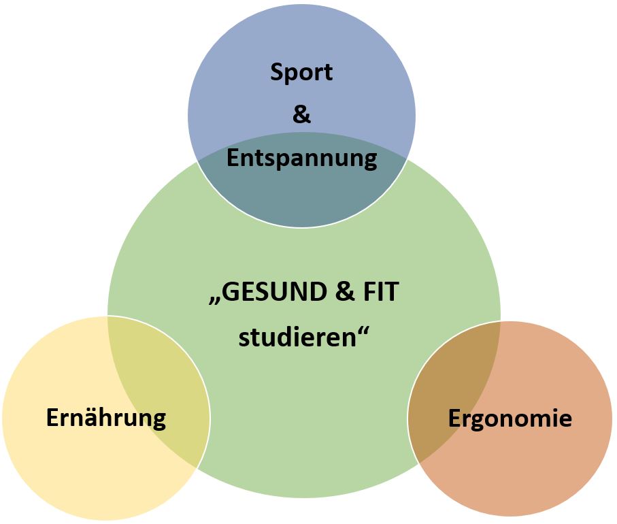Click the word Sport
pos(301,71)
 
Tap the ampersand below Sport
pos(301,114)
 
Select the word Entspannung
pos(301,159)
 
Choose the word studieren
pos(297,337)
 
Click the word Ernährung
pos(106,417)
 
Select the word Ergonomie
pos(510,417)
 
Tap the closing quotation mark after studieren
pos(366,330)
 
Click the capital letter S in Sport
pos(277,71)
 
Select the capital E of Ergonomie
pos(455,417)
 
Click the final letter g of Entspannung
pos(369,161)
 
